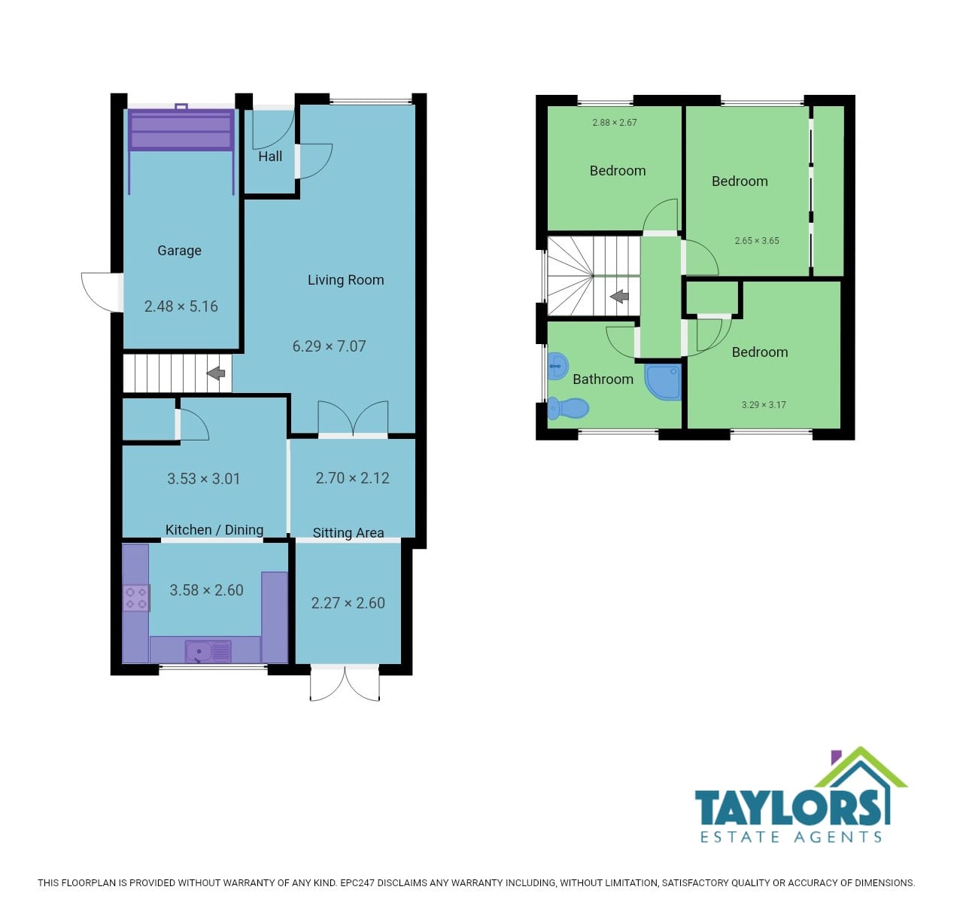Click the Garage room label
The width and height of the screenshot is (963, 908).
tap(179, 251)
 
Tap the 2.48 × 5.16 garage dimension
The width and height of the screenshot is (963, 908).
tap(181, 306)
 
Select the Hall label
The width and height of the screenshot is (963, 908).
tap(270, 157)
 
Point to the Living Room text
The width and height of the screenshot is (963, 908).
tap(346, 280)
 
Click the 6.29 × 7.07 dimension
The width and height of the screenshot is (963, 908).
tap(329, 346)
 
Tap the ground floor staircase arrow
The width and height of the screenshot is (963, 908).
tap(216, 373)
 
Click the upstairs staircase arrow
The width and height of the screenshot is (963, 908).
tap(619, 296)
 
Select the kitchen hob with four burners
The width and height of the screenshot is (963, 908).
tap(136, 598)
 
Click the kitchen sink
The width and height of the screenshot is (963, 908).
tap(208, 651)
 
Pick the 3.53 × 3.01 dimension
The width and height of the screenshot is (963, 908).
tap(204, 479)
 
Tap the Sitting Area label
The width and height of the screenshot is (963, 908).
tap(348, 533)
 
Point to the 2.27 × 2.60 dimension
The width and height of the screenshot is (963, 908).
tap(348, 603)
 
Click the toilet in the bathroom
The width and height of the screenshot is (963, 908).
tap(568, 408)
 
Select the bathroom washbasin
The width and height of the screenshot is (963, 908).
tap(557, 366)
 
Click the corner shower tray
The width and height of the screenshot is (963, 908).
tap(664, 382)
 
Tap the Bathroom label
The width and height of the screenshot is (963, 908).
tap(603, 379)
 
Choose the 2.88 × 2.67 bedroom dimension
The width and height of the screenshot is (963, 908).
tap(615, 123)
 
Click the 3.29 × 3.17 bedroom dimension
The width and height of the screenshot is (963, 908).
tap(764, 405)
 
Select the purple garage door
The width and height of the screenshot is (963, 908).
tap(181, 129)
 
